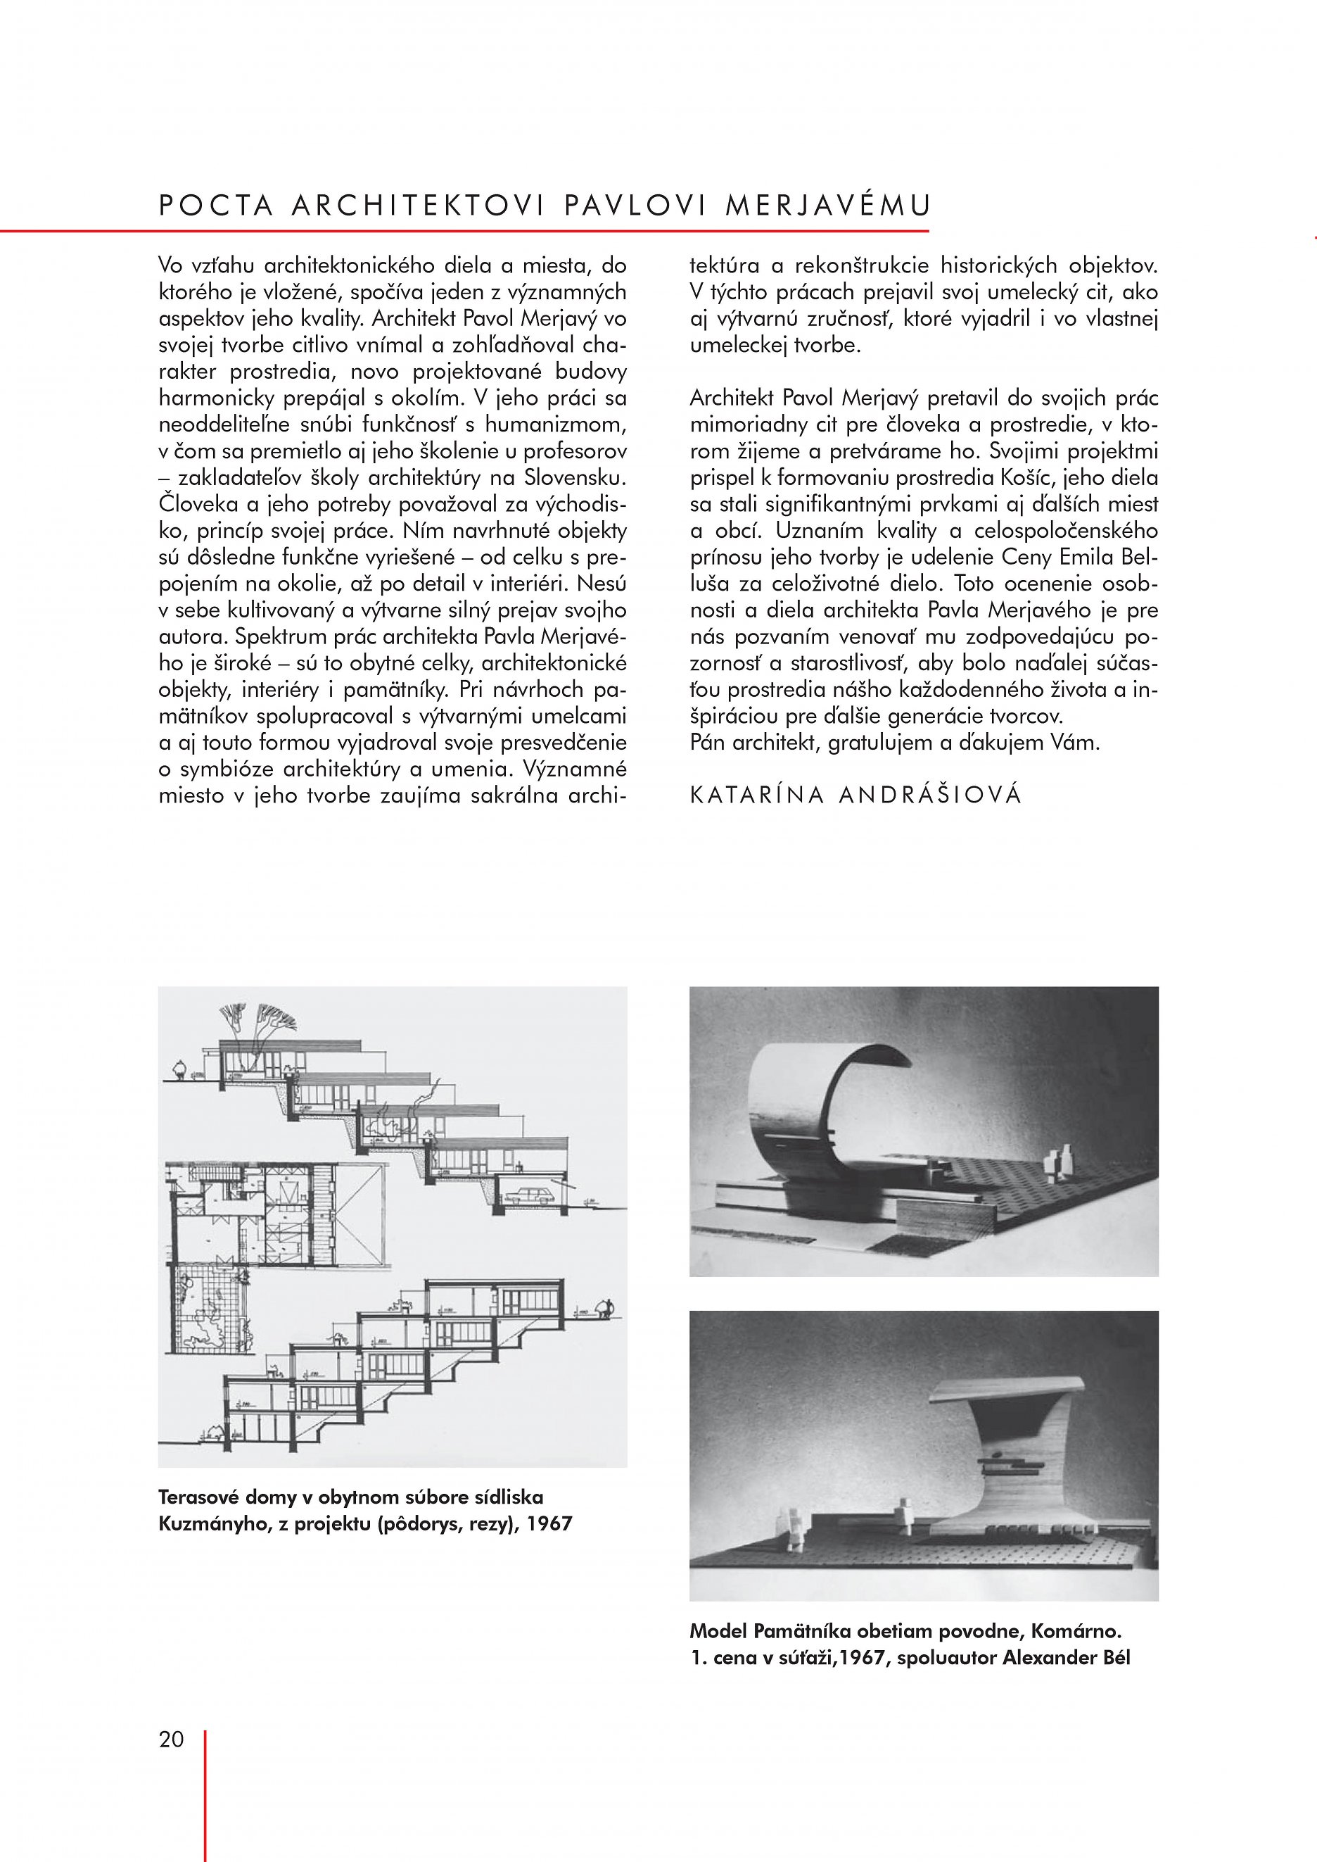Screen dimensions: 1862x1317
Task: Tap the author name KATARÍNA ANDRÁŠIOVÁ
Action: coord(855,794)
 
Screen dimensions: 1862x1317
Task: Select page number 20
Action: coord(171,1739)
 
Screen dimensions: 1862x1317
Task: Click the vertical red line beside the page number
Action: coord(205,1785)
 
